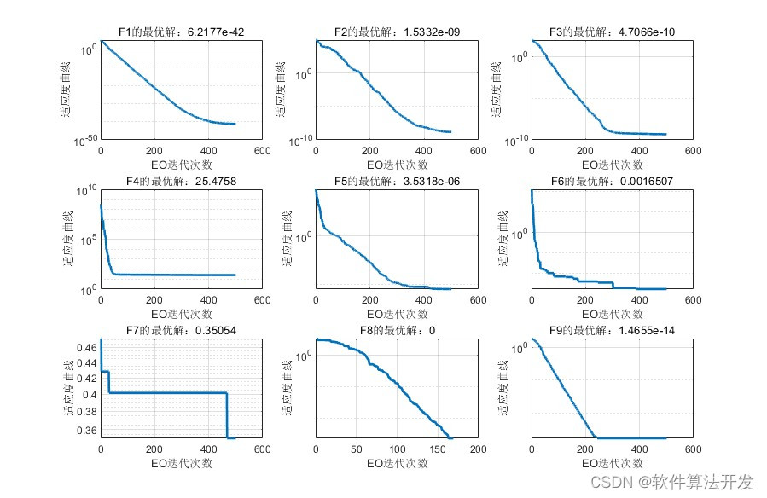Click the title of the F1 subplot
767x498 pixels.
[x=181, y=32]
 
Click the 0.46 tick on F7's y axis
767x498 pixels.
[x=86, y=349]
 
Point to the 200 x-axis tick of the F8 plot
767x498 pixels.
[x=478, y=449]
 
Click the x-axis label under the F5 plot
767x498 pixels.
[x=397, y=314]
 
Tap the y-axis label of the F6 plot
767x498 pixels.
[x=502, y=240]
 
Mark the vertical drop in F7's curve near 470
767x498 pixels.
[x=227, y=416]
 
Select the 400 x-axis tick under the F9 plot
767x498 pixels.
[x=639, y=449]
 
